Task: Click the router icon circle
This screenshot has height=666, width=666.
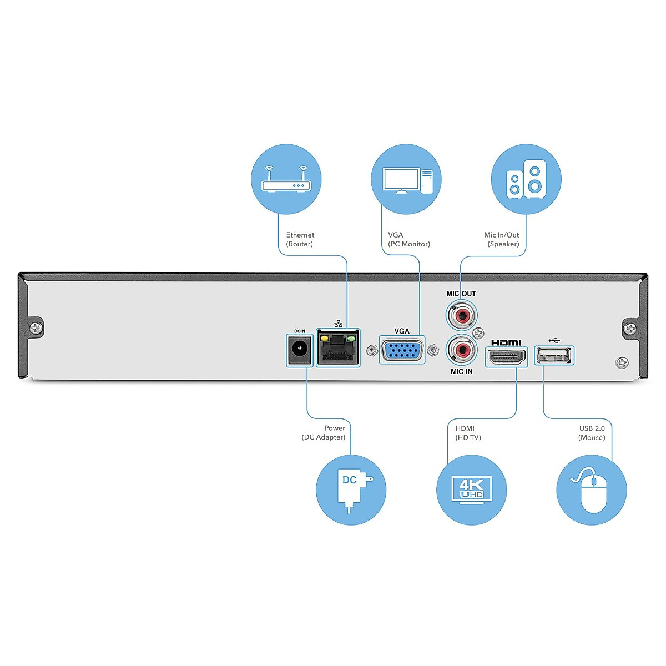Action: (286, 179)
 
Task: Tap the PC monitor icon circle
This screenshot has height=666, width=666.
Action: (406, 179)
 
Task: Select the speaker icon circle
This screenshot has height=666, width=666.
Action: (526, 179)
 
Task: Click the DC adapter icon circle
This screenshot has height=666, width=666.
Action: (351, 490)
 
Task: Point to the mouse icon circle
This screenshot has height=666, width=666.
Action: (592, 490)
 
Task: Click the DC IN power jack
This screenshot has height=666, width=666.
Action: (300, 350)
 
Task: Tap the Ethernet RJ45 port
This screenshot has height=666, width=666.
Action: (338, 348)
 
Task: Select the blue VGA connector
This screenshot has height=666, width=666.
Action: (402, 351)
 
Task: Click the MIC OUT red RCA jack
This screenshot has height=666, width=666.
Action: (461, 316)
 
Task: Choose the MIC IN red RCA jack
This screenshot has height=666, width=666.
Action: (461, 350)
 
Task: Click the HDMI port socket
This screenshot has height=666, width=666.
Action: (506, 356)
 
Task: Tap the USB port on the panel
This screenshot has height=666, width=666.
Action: (554, 355)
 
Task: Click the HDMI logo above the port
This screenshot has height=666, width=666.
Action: (506, 342)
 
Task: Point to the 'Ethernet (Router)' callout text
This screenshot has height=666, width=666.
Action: (300, 239)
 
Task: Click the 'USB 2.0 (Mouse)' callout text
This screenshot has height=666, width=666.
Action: (592, 433)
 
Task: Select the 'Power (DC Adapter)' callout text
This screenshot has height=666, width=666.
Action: (324, 433)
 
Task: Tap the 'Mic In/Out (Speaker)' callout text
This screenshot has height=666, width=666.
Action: (502, 239)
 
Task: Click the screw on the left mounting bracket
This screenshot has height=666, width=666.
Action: (36, 328)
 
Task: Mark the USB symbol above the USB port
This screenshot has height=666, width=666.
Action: (554, 340)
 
